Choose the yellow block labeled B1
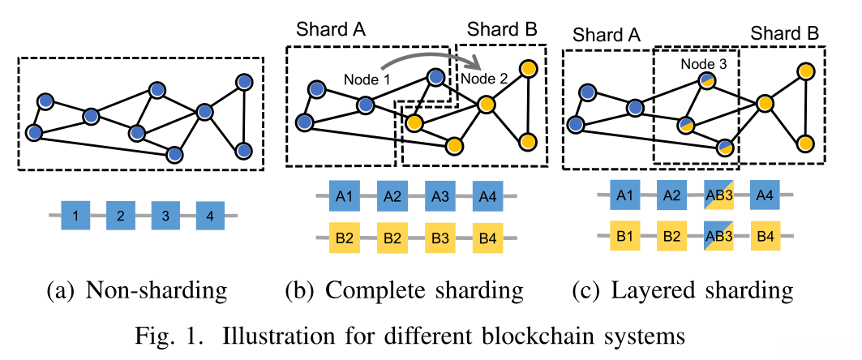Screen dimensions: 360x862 (625, 236)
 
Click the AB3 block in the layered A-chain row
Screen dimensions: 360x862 (718, 195)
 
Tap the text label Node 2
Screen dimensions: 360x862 (484, 79)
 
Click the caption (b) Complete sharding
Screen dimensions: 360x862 (404, 289)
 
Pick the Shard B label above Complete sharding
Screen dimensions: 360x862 (498, 30)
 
